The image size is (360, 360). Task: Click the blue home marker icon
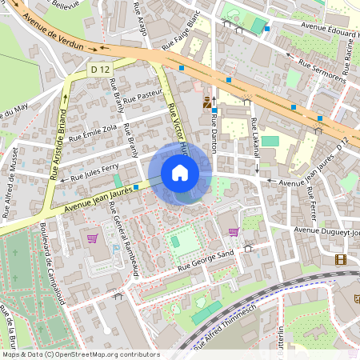point(180,173)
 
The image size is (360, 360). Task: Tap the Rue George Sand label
point(204,260)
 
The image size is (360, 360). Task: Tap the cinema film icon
point(342,258)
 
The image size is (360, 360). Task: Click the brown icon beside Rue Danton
point(208,102)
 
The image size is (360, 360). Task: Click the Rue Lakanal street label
point(255,143)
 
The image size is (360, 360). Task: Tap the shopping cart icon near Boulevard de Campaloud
point(92,238)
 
